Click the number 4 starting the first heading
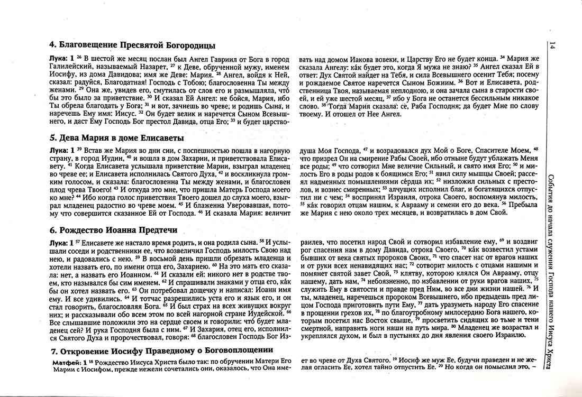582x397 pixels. pyautogui.click(x=52, y=45)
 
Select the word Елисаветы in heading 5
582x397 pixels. pyautogui.click(x=158, y=138)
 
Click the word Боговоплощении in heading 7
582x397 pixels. pyautogui.click(x=226, y=351)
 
